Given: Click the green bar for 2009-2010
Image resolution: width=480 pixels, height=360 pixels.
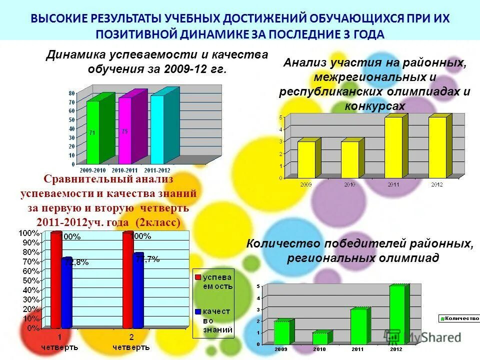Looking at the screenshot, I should click(93, 132).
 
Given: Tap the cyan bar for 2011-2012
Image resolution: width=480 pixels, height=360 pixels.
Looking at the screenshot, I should click(157, 129).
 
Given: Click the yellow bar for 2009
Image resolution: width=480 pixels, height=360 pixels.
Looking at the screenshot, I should click(306, 159).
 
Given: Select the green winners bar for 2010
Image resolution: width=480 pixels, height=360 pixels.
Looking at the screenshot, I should click(320, 338).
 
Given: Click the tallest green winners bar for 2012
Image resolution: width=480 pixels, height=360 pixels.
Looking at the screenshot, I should click(396, 314).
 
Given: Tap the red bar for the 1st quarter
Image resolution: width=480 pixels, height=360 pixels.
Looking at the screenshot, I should click(55, 280).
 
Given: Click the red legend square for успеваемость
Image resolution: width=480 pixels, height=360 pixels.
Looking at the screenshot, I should click(197, 276).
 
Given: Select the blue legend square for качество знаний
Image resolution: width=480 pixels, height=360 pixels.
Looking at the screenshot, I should click(197, 311).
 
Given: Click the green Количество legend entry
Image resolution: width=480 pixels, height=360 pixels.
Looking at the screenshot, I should click(458, 318).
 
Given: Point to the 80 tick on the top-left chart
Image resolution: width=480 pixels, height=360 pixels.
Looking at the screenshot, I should click(71, 93).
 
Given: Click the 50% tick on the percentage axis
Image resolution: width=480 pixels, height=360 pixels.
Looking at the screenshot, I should click(30, 280).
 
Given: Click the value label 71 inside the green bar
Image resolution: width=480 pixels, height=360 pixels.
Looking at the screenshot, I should click(92, 133).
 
